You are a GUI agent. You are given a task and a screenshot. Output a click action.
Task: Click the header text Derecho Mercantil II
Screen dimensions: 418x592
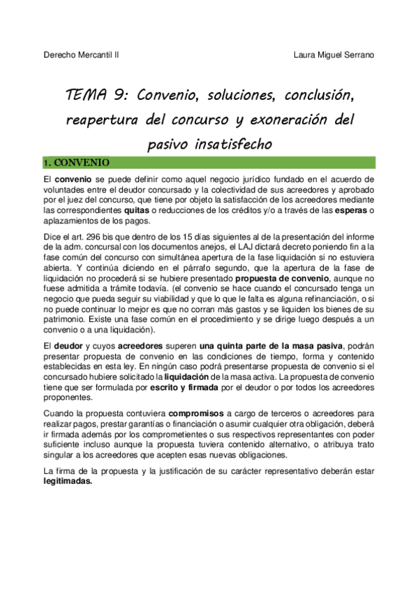point(80,54)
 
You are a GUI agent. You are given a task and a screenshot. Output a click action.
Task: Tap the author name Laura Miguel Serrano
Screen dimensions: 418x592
point(334,54)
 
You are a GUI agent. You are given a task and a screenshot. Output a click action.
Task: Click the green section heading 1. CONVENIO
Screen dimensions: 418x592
point(76,163)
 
